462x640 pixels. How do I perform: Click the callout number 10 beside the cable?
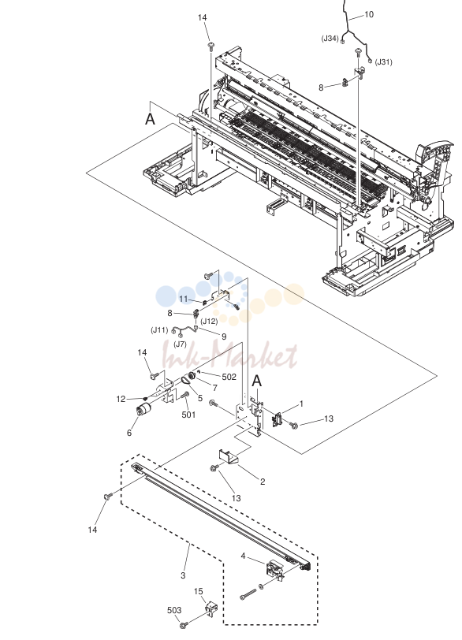click(368, 15)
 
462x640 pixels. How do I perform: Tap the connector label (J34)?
click(330, 39)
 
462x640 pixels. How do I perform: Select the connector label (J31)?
click(384, 62)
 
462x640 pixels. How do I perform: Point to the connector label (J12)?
click(209, 322)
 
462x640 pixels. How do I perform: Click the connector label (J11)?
click(159, 329)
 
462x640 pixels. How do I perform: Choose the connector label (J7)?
click(180, 344)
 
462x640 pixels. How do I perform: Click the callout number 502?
click(229, 377)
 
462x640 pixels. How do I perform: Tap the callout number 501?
click(188, 415)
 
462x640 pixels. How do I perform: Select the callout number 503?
click(174, 610)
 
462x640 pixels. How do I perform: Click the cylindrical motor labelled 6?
click(143, 409)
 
